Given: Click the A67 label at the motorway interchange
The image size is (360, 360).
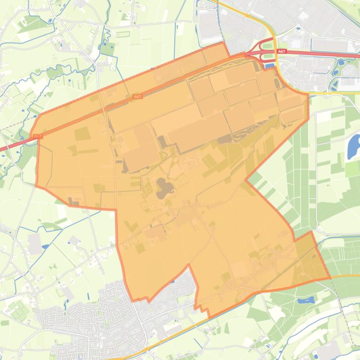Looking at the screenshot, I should [x=281, y=52].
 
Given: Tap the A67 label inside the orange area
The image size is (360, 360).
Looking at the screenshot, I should [x=137, y=96].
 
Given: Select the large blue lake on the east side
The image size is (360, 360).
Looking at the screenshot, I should [x=353, y=147].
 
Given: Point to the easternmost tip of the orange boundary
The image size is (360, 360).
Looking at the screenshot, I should [x=330, y=278].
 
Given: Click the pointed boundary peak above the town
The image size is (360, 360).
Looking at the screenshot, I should [x=189, y=265].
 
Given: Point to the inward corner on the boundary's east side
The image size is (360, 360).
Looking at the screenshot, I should [x=246, y=180].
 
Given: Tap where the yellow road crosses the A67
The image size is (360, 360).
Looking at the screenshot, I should [x=276, y=53].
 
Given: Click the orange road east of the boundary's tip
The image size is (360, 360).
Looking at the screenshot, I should [x=346, y=276].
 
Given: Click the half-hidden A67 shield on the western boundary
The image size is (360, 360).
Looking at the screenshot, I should [x=37, y=137].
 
